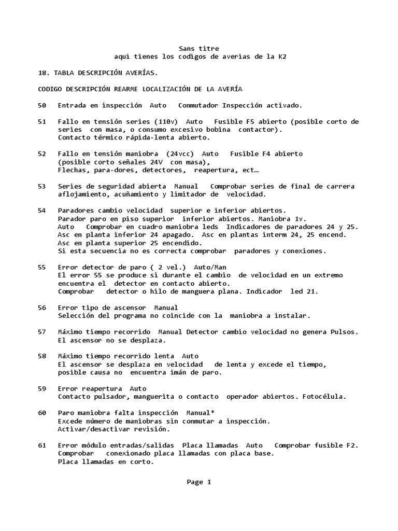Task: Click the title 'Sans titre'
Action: [199, 48]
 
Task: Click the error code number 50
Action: [42, 105]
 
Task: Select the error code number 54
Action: [42, 211]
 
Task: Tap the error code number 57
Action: [42, 331]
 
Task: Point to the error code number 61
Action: [42, 445]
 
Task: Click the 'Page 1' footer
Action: [199, 482]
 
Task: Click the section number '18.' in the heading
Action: [44, 73]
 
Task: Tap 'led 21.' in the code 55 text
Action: [304, 291]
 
